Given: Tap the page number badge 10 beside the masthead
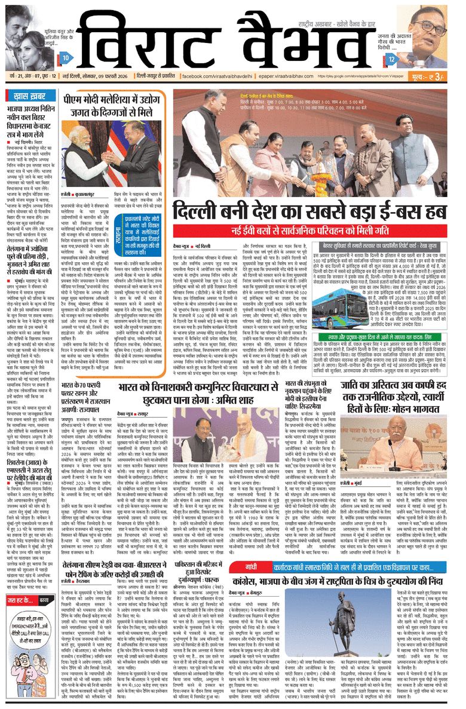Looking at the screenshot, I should point(66,58).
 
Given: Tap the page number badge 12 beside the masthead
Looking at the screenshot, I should point(391,59).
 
